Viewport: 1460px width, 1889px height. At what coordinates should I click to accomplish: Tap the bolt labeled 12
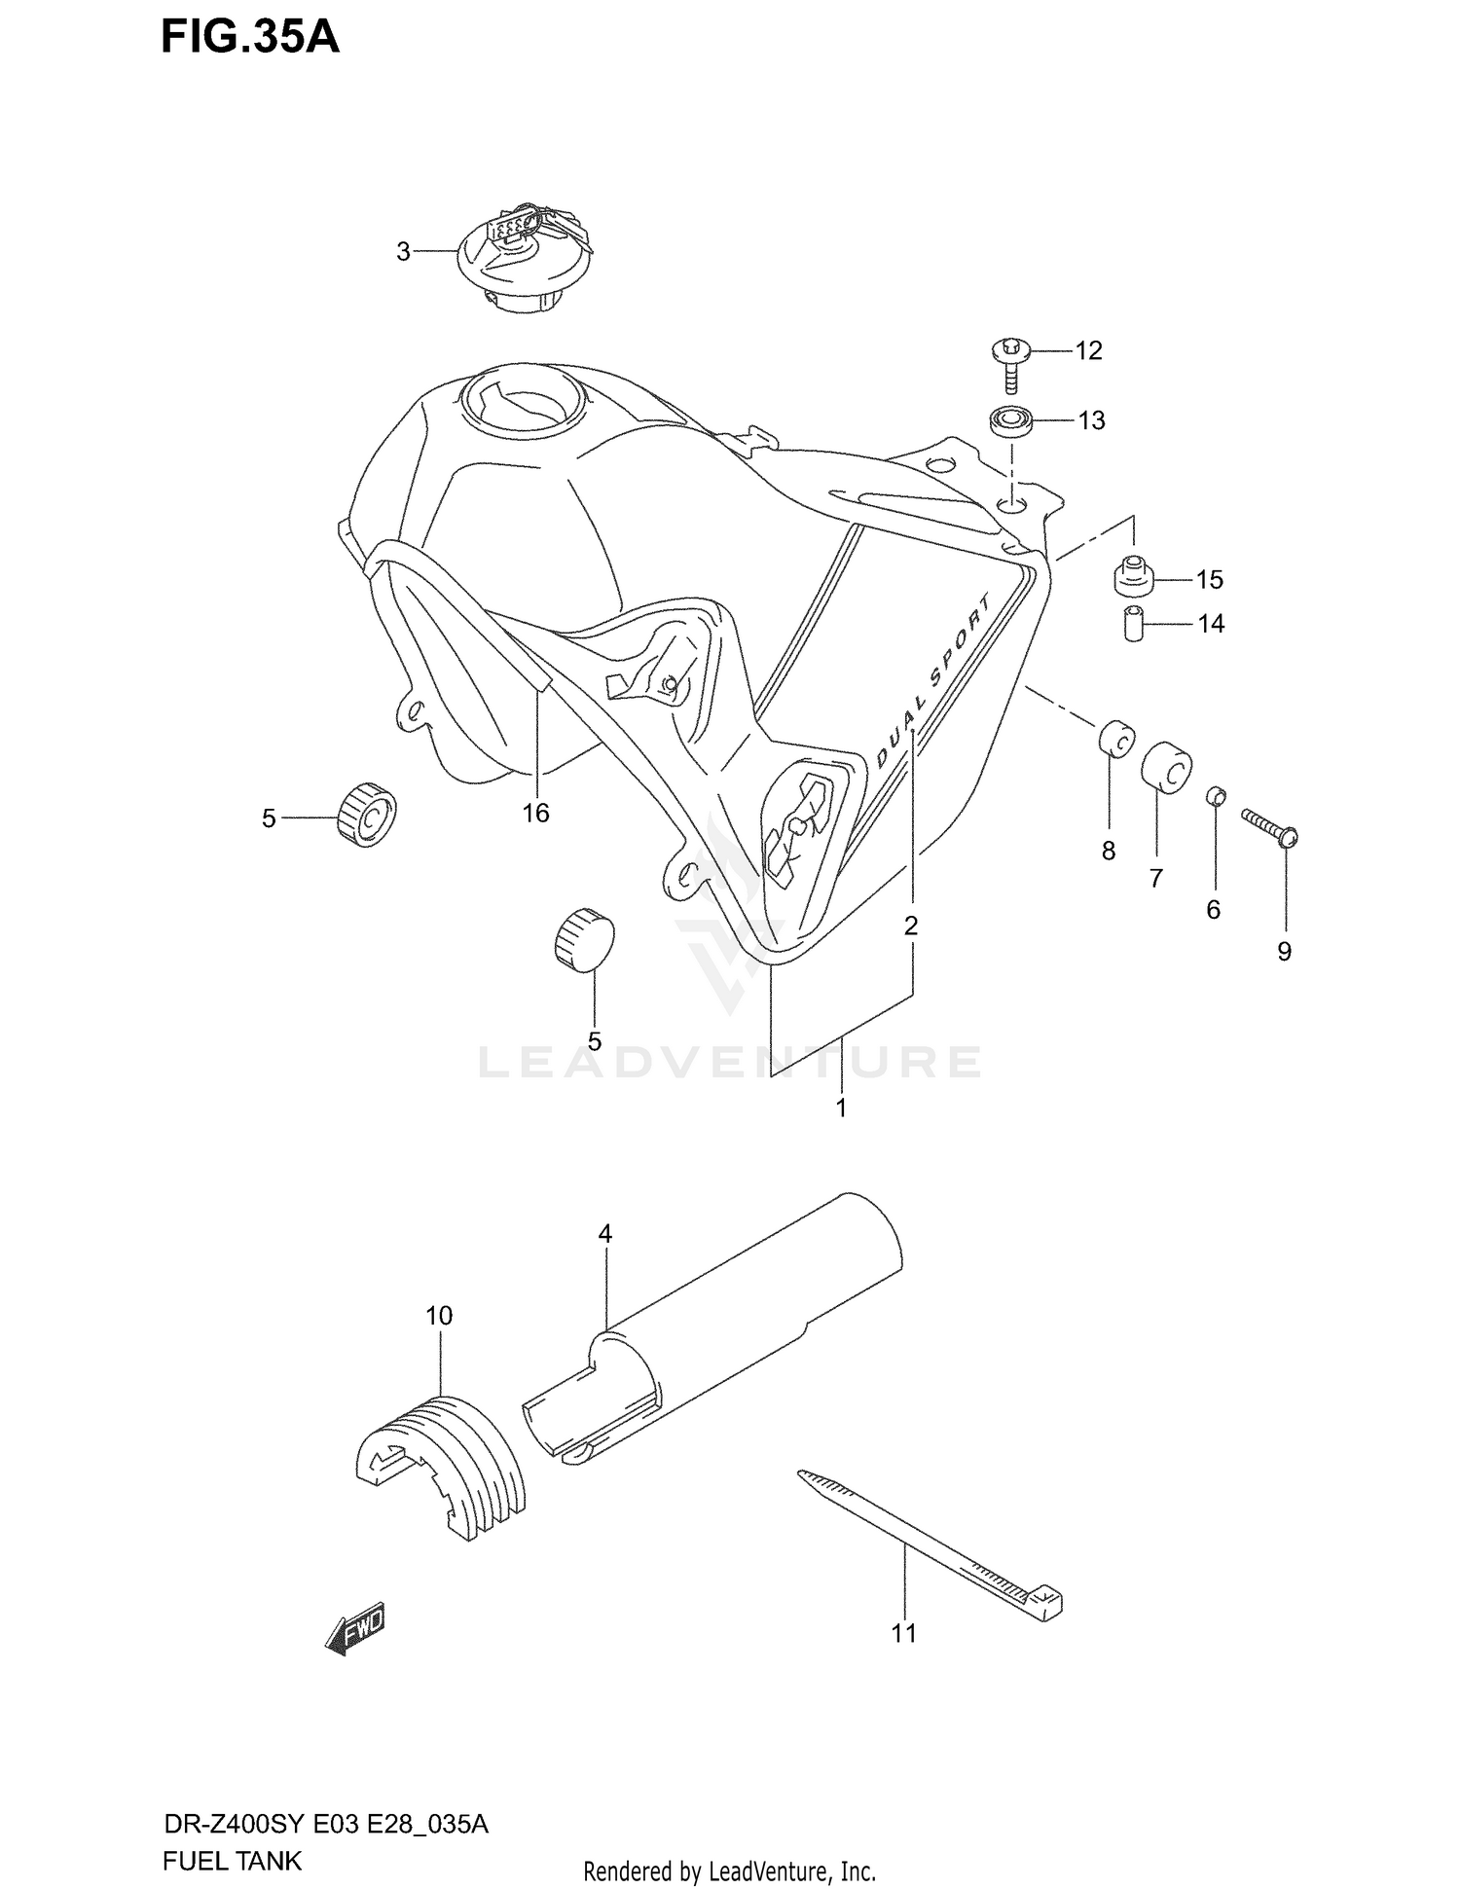point(1009,362)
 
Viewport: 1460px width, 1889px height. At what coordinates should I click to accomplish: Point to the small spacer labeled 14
point(1132,623)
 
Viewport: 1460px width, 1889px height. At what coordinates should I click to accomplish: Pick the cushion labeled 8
point(1116,738)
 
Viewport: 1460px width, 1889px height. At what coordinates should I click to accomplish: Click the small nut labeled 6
point(1215,795)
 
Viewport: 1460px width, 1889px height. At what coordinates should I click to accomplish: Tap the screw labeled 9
point(1270,828)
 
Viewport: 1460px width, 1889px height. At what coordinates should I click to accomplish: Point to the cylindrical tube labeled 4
point(712,1341)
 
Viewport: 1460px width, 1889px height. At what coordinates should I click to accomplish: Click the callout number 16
point(535,813)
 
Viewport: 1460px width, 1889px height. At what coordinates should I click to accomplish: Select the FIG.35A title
point(250,36)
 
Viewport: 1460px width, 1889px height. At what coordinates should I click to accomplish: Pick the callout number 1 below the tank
point(841,1108)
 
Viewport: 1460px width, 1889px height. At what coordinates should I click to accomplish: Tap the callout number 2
point(911,926)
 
